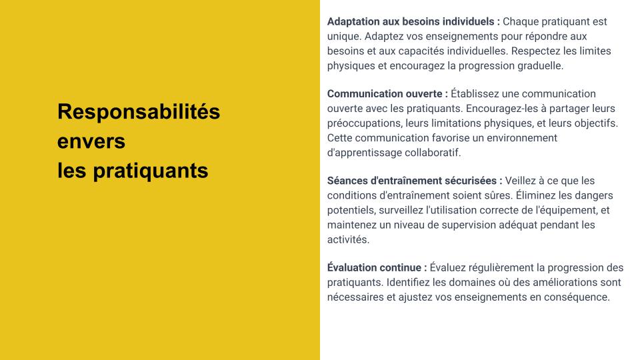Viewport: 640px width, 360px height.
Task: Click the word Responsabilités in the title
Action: coord(139,111)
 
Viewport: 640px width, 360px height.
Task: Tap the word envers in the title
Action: coord(91,141)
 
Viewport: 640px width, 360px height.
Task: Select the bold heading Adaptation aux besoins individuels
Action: coord(413,21)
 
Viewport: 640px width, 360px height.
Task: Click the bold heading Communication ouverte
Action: coord(387,94)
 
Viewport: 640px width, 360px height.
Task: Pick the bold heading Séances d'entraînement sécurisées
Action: coord(415,181)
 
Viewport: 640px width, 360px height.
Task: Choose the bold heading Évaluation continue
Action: coord(377,267)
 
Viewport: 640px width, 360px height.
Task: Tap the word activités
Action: coord(348,239)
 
